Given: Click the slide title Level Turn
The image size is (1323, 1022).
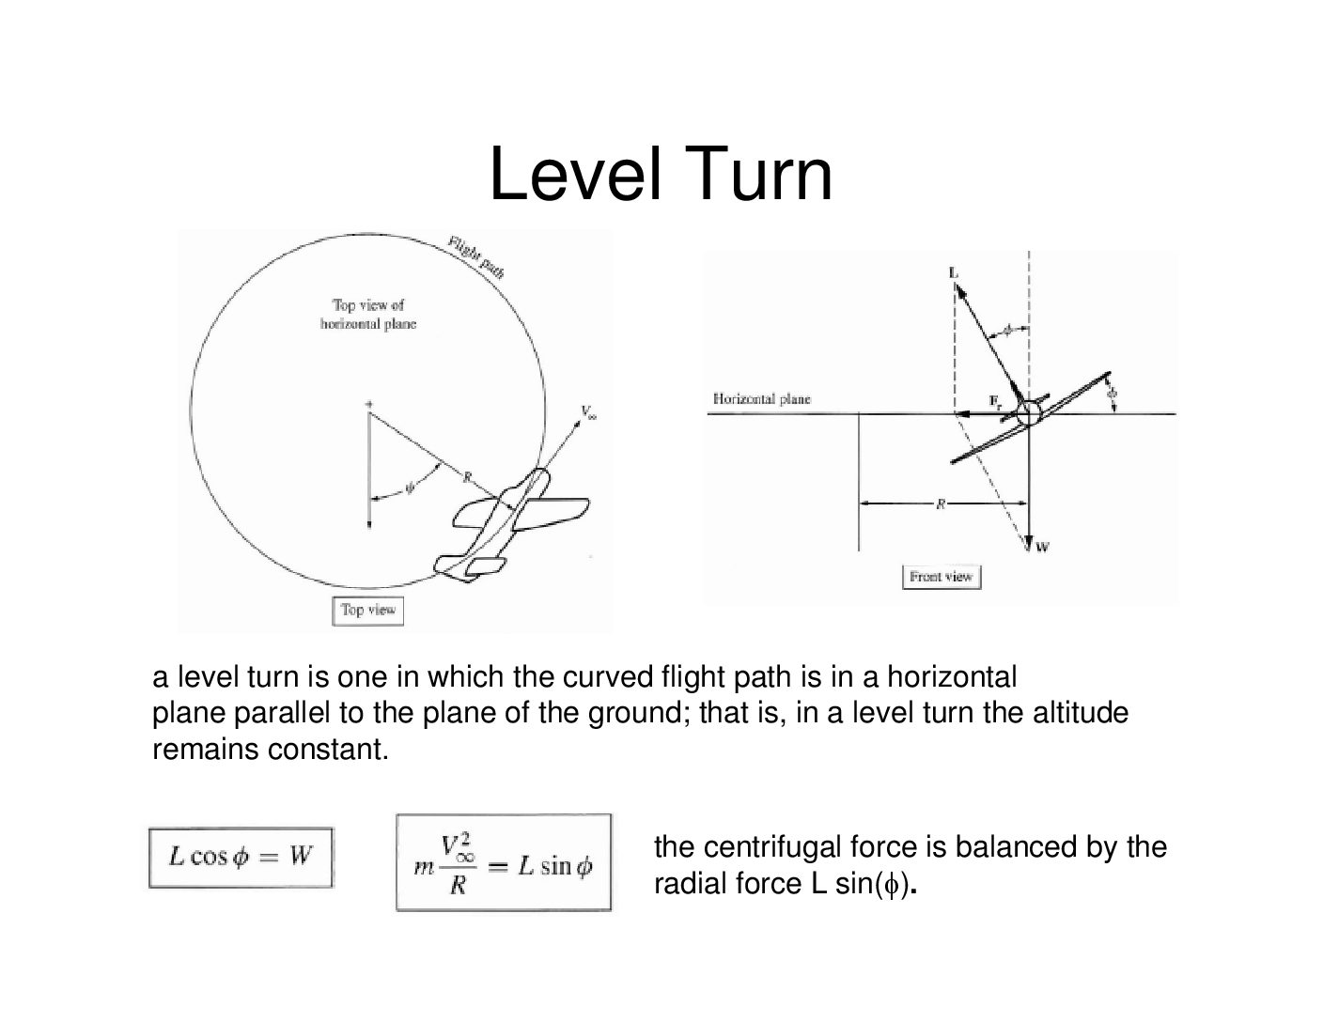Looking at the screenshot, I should click(x=661, y=175).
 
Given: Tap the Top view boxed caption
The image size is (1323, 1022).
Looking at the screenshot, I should click(x=368, y=610).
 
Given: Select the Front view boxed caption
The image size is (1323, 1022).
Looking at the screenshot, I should click(x=941, y=577).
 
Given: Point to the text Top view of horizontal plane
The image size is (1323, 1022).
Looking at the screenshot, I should click(x=368, y=314).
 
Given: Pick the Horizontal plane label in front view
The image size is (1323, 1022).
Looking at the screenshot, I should click(x=761, y=399).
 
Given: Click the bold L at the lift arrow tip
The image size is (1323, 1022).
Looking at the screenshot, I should click(x=955, y=272).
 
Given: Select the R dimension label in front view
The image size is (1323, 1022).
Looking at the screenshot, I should click(x=941, y=504).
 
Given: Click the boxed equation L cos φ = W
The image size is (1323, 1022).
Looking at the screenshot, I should click(x=241, y=857).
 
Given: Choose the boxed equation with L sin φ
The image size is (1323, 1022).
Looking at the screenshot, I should click(x=504, y=862).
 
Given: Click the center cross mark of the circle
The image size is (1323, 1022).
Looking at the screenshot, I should click(x=369, y=405).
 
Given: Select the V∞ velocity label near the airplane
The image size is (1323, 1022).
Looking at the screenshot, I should click(x=588, y=412).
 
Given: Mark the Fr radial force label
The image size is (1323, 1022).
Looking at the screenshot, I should click(x=995, y=401).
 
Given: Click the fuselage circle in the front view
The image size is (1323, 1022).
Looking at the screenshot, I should click(x=1028, y=412).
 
